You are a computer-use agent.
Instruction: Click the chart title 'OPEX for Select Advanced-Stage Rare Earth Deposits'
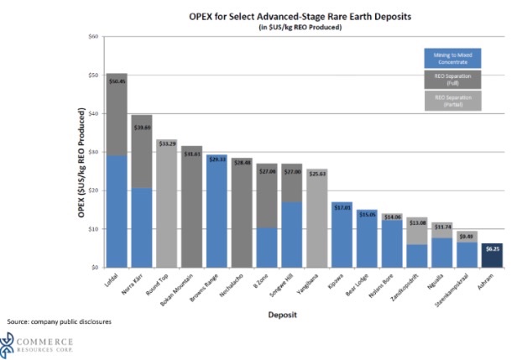pyautogui.click(x=292, y=17)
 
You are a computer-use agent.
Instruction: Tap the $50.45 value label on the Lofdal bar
pyautogui.click(x=117, y=81)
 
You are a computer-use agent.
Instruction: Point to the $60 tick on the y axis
pyautogui.click(x=93, y=37)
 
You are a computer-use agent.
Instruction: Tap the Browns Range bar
pyautogui.click(x=217, y=214)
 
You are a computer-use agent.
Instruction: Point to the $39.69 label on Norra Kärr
pyautogui.click(x=143, y=128)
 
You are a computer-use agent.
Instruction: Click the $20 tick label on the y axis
pyautogui.click(x=93, y=190)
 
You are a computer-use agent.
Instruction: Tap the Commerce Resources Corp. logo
pyautogui.click(x=38, y=342)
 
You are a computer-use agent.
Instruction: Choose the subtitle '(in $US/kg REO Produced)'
pyautogui.click(x=292, y=29)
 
